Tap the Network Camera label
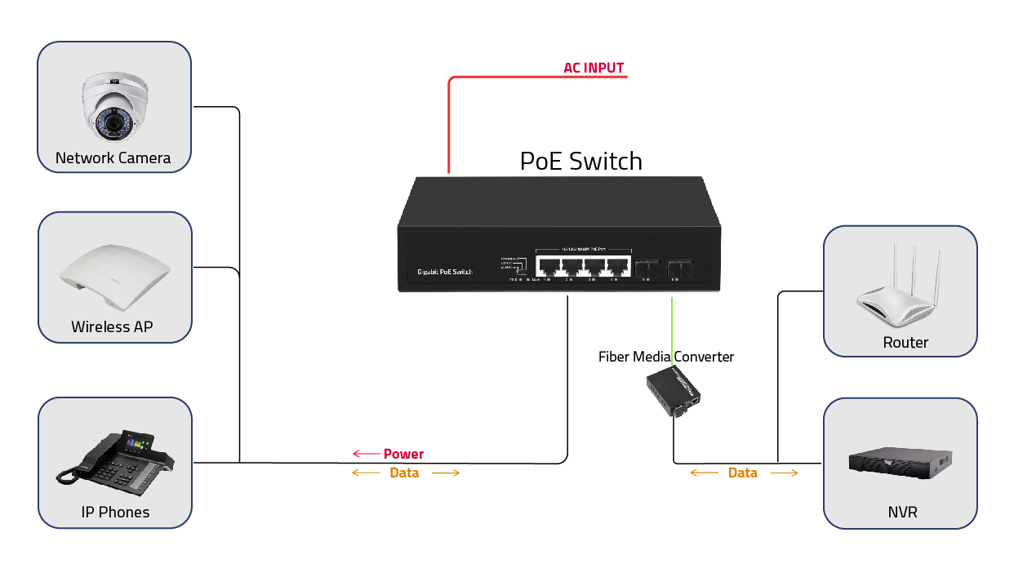pos(113,158)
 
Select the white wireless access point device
pos(114,277)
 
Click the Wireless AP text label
pos(112,327)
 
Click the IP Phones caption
pos(115,513)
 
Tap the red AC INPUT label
pos(594,68)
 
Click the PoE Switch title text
pos(580,162)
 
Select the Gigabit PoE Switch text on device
pos(444,271)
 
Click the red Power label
pos(403,454)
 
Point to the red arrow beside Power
pos(367,454)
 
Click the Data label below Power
pos(404,473)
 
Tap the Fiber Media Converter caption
pos(666,357)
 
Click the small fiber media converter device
pos(674,392)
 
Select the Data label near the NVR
pos(742,473)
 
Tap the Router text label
pos(905,343)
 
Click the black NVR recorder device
pos(901,461)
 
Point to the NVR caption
pos(902,513)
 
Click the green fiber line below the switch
pos(672,322)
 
